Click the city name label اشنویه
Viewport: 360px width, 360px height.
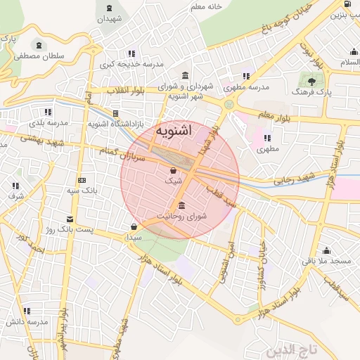(172, 131)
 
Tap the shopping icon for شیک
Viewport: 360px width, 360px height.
(173, 170)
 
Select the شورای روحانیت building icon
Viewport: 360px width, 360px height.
(182, 205)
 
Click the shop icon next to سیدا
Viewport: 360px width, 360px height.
(134, 226)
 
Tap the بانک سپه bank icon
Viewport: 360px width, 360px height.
(82, 179)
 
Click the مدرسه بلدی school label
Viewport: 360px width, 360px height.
(48, 122)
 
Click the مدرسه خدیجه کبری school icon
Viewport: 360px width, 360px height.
(131, 53)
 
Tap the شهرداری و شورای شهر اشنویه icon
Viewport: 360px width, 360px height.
(185, 76)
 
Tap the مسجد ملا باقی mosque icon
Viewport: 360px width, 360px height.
(326, 250)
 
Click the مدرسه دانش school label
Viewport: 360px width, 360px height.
(27, 321)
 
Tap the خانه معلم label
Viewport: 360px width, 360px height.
(207, 6)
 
